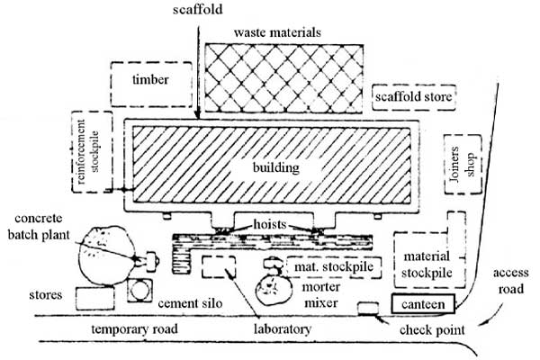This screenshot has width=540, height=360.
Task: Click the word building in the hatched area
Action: (276, 167)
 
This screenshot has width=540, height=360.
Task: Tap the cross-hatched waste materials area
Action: (283, 78)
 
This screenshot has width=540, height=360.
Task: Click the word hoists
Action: (270, 224)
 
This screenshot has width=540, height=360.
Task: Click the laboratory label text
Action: (283, 329)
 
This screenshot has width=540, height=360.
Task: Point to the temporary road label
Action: (135, 329)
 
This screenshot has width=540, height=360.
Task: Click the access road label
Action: (510, 281)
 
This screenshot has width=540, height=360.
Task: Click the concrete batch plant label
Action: (39, 226)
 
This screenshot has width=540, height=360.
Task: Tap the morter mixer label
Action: (321, 295)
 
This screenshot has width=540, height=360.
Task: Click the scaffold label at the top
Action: (198, 9)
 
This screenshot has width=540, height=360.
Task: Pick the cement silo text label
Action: (190, 303)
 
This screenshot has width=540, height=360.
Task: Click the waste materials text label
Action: (277, 32)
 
